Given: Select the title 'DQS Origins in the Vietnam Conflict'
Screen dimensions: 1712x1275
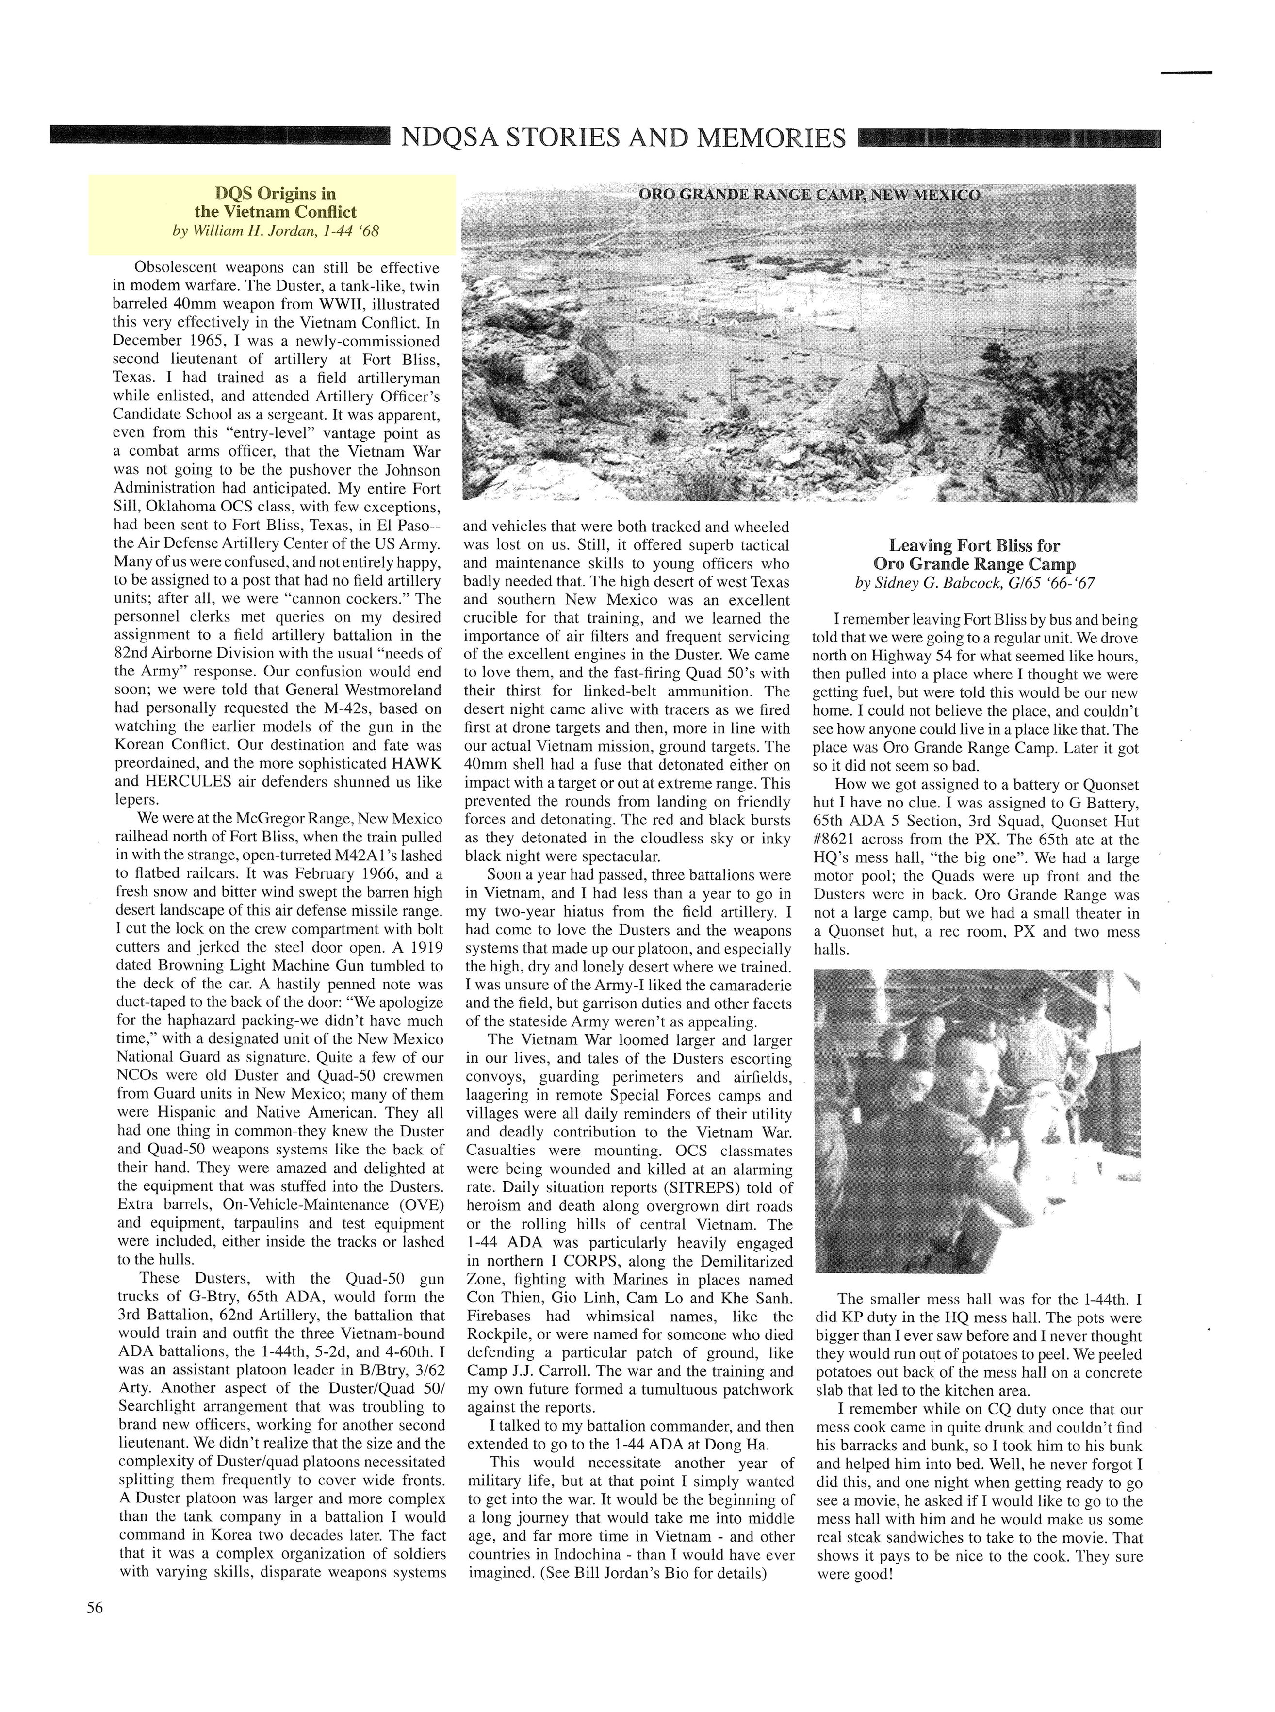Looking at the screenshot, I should pyautogui.click(x=275, y=202).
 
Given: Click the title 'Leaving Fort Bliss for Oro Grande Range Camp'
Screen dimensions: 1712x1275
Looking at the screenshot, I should pyautogui.click(x=974, y=554).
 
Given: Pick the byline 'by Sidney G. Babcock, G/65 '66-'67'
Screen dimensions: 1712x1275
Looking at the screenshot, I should pyautogui.click(x=974, y=584).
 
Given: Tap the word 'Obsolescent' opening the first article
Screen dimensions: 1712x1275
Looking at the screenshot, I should pyautogui.click(x=179, y=268).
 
